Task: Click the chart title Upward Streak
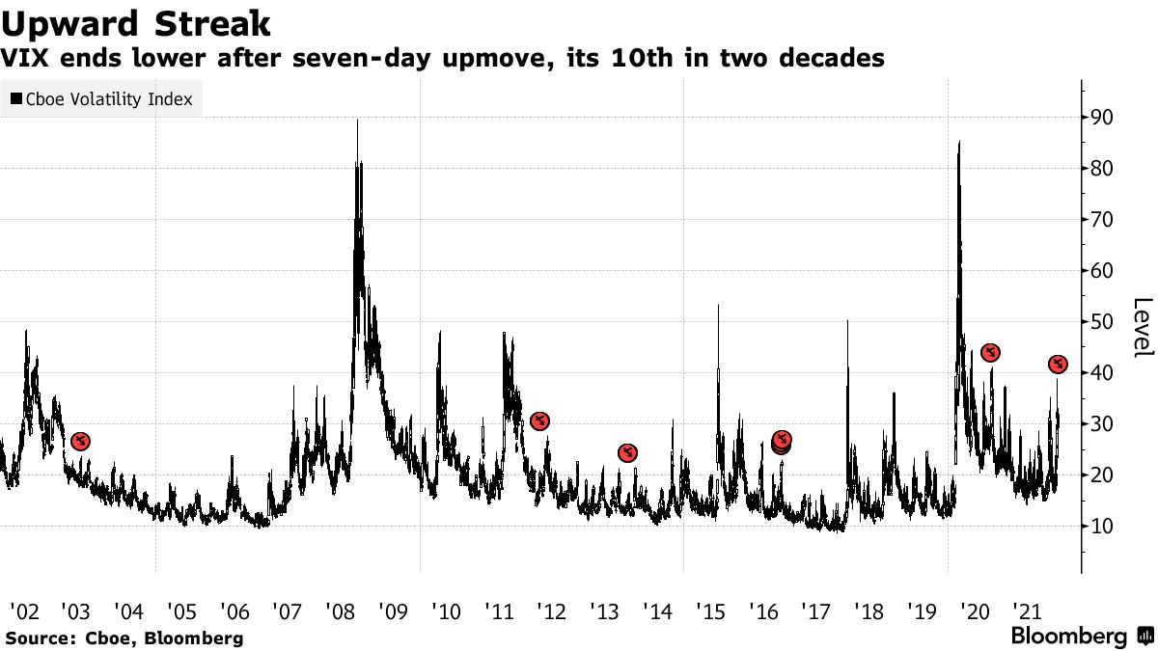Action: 135,22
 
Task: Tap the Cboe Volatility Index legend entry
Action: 101,98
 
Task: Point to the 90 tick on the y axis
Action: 1102,118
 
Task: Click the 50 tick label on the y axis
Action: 1102,322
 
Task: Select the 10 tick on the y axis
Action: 1102,527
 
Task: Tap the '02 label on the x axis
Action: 24,611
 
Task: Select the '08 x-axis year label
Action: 340,611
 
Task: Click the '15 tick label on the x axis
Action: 709,611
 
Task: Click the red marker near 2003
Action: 81,442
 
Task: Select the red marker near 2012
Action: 540,420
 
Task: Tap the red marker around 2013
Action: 627,453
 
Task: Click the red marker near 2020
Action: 990,353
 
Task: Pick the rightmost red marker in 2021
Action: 1058,364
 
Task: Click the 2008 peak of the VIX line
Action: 358,120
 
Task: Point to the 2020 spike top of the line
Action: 959,142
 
